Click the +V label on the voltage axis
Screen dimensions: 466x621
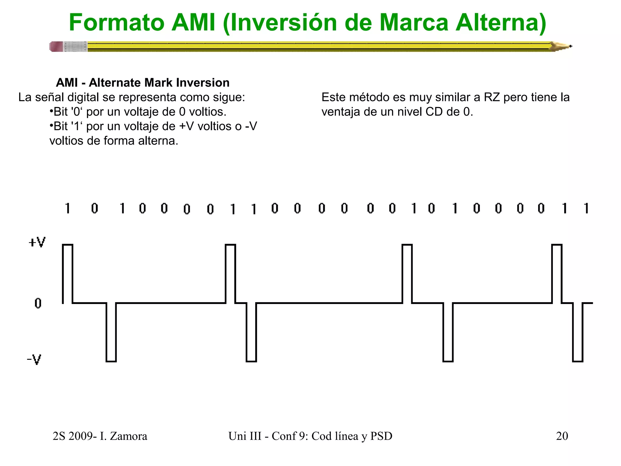(37, 242)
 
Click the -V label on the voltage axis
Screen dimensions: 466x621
(34, 360)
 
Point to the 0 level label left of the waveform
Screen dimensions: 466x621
(38, 303)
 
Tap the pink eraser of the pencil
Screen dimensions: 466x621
(56, 47)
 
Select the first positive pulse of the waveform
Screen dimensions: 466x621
(68, 273)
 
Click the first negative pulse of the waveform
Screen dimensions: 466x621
(111, 332)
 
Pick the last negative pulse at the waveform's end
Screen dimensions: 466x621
(578, 332)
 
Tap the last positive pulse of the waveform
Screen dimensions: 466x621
(557, 273)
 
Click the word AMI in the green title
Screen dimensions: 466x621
(193, 22)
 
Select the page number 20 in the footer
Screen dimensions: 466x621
(562, 436)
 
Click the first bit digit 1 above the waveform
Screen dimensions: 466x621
(68, 208)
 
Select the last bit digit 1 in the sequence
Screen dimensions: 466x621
(586, 208)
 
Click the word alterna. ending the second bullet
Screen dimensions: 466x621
(158, 141)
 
